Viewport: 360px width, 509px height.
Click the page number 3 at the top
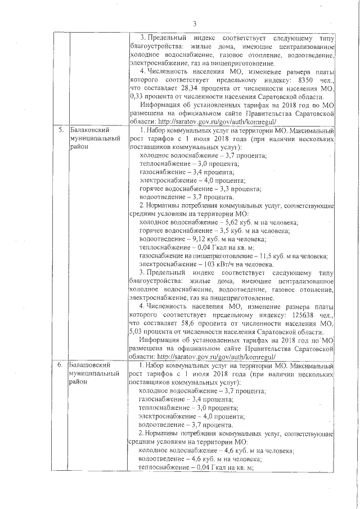[x=195, y=24]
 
